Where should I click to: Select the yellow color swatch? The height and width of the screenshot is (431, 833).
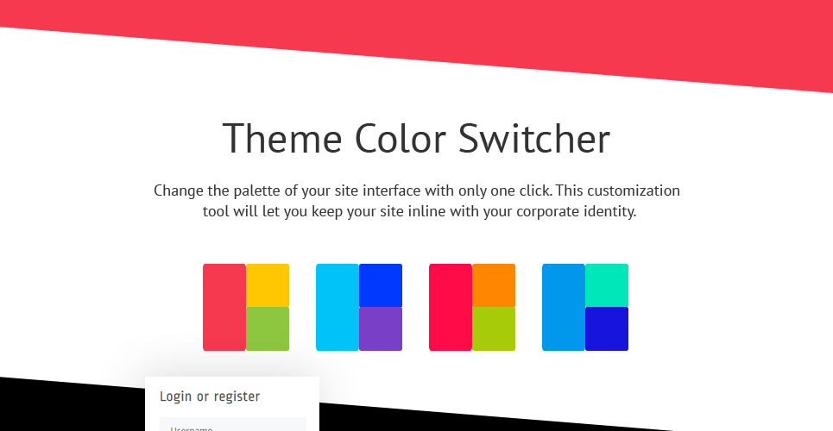coord(268,285)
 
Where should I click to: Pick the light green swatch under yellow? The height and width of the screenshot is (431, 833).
coord(268,328)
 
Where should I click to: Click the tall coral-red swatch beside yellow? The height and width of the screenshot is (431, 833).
coord(224,307)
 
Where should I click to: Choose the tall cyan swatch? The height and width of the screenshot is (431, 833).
coord(338,307)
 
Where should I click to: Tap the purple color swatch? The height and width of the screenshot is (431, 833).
coord(381,328)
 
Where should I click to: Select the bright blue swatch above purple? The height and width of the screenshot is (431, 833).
coord(381,285)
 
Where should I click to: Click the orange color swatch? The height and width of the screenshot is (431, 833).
coord(494,285)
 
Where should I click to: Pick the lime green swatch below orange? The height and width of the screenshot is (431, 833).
coord(494,328)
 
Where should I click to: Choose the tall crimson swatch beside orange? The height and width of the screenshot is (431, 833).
coord(451,307)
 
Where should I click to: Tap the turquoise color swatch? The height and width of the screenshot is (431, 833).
coord(607,285)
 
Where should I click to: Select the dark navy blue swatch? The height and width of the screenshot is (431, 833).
coord(607,328)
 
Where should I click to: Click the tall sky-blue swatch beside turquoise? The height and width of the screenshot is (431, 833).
coord(564,307)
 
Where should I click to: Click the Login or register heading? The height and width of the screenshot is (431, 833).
coord(210,397)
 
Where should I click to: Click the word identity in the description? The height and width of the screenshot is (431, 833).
coord(608,211)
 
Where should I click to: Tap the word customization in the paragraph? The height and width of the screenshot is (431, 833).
coord(637,191)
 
